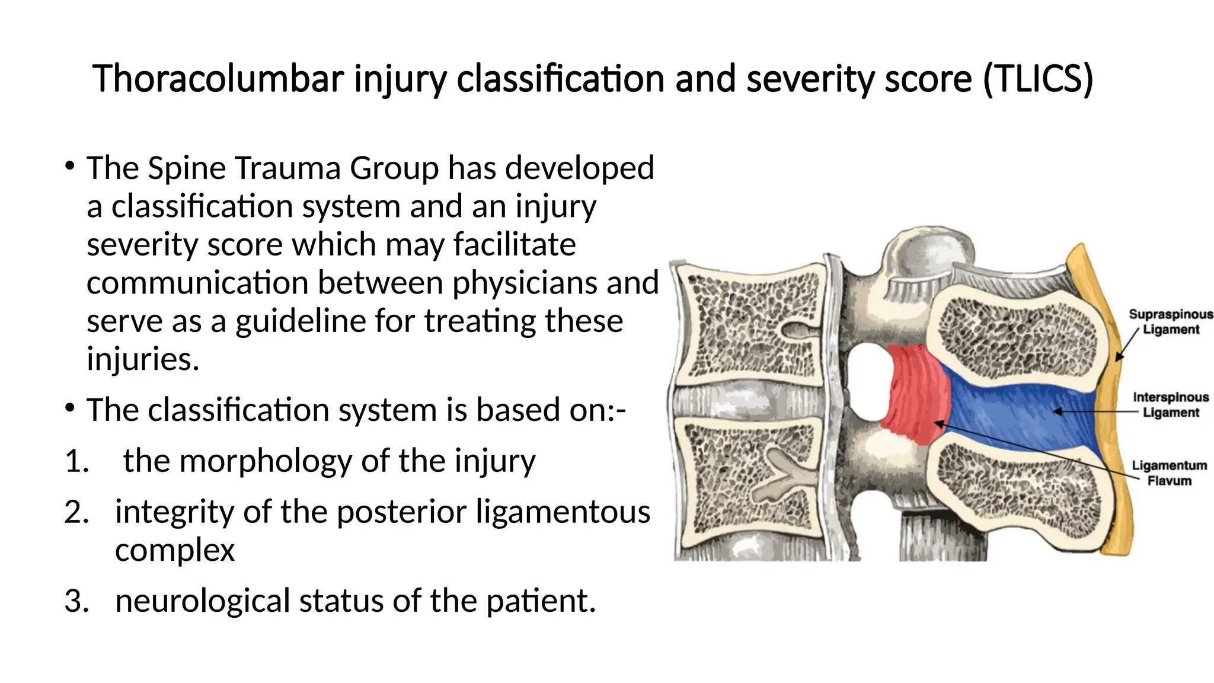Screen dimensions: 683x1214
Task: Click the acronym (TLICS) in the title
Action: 1037,79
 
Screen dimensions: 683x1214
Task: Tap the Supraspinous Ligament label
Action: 1171,322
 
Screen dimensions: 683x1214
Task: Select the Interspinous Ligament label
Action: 1171,405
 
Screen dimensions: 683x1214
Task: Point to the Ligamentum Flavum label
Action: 1169,473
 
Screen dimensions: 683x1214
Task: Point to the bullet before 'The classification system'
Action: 70,408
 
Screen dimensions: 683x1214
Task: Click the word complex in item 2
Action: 175,550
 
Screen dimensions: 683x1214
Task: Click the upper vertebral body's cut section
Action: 750,326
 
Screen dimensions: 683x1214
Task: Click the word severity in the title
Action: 810,79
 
